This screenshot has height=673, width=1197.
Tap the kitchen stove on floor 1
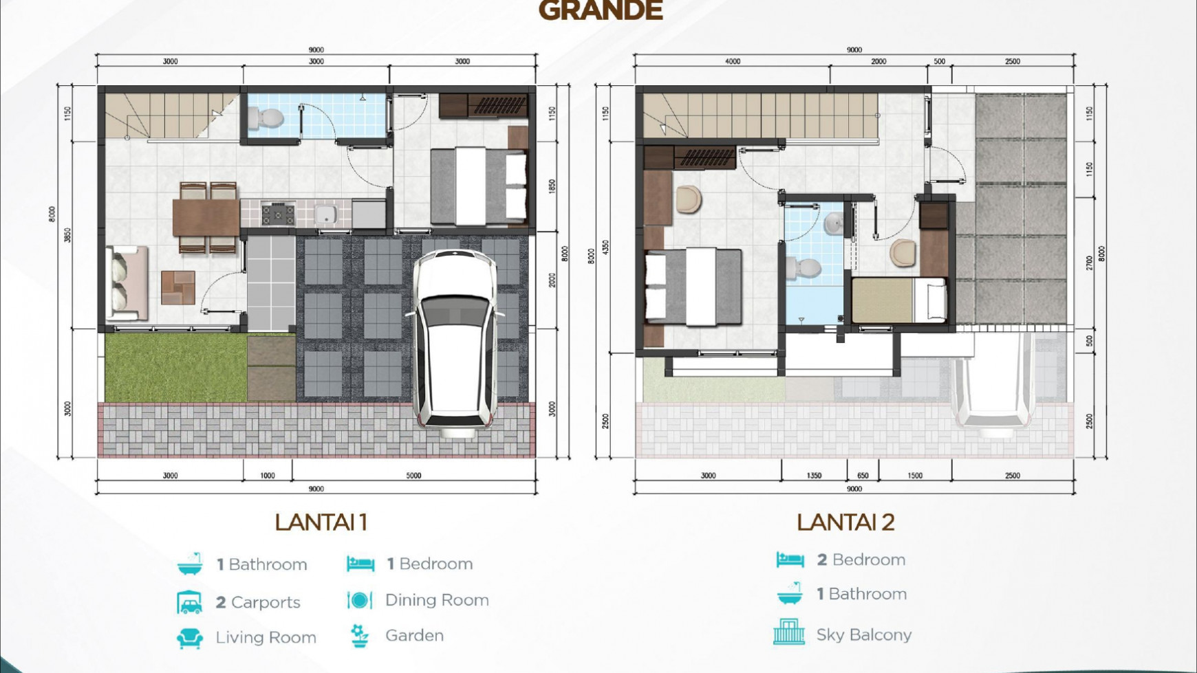point(278,214)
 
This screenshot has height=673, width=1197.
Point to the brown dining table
point(205,217)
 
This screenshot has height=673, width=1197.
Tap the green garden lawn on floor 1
point(175,367)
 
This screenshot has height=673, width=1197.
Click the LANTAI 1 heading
point(321,522)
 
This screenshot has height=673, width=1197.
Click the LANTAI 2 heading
point(845,522)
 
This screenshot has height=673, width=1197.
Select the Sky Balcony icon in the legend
point(788,632)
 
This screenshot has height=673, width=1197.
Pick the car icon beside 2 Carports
point(190,602)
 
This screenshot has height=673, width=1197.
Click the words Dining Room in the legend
point(437,600)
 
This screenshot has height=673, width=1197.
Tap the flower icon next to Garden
point(358,635)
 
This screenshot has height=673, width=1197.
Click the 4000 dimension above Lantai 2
point(733,61)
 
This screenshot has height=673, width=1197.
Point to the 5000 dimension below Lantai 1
point(413,475)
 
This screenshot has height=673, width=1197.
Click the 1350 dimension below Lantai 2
point(814,475)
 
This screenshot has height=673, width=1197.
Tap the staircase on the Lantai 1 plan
point(169,115)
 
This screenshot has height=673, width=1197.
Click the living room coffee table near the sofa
point(178,287)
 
